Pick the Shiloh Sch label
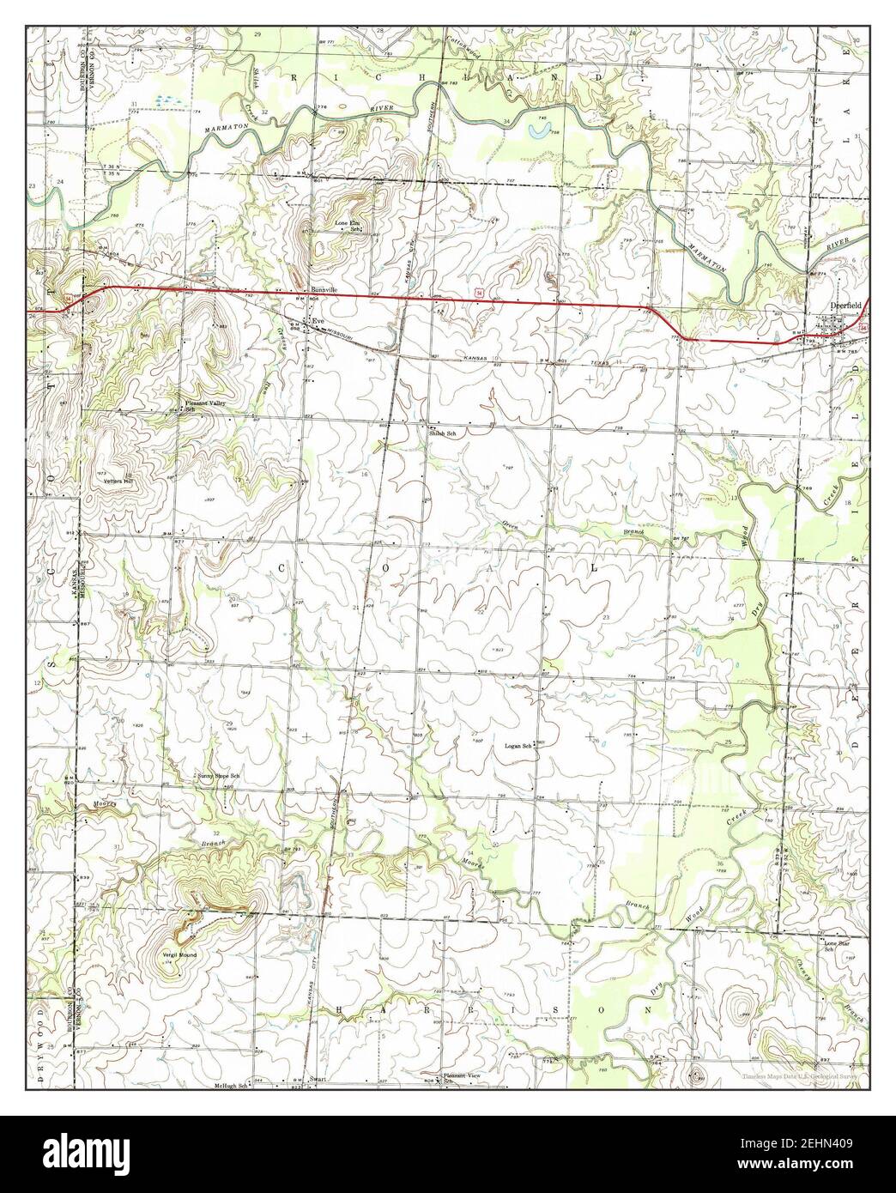coord(442,434)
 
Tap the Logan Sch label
coord(518,746)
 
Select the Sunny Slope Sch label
coord(218,776)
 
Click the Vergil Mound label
coord(179,954)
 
